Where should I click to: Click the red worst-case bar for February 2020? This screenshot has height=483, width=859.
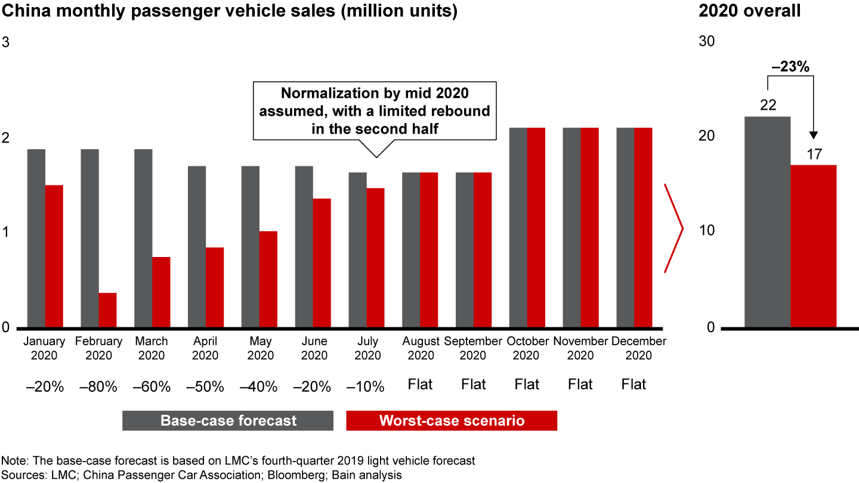tap(107, 310)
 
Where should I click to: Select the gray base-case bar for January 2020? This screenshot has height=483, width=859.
tap(36, 239)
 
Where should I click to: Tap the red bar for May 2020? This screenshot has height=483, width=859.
tap(268, 279)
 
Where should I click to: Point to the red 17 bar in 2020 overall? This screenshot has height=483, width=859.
tap(813, 246)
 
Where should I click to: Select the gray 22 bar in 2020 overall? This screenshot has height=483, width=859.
tap(768, 222)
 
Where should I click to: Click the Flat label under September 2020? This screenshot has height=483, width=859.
tap(473, 385)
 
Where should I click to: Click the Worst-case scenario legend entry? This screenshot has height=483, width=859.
tap(452, 420)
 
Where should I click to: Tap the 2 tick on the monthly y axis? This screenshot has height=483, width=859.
tap(6, 137)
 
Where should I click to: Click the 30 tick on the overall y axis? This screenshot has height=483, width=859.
tap(706, 41)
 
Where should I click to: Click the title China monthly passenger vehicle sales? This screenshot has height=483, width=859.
tap(228, 12)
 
